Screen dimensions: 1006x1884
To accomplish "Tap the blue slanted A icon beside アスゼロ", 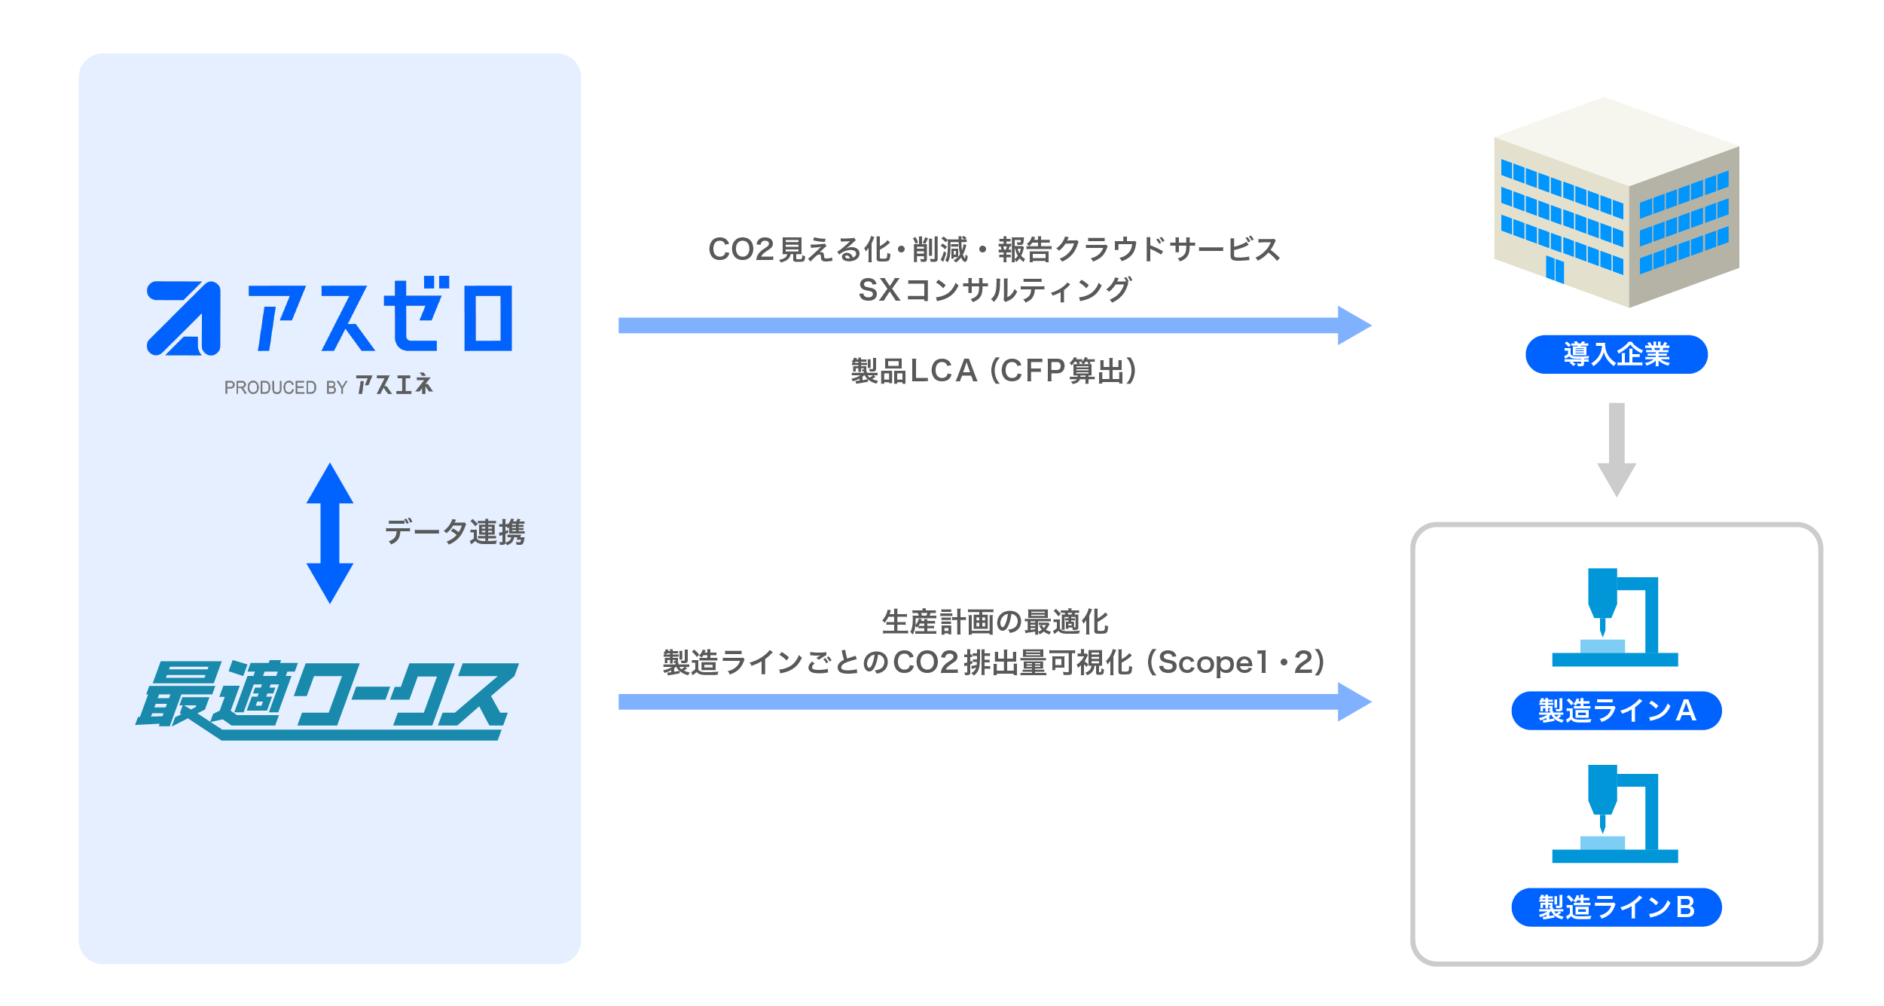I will pyautogui.click(x=184, y=318).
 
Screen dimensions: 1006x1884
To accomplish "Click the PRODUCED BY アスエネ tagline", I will pyautogui.click(x=328, y=386).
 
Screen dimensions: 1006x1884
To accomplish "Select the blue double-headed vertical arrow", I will pyautogui.click(x=330, y=533).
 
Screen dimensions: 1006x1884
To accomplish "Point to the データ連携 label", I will pyautogui.click(x=455, y=533).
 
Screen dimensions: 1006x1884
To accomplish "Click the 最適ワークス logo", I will pyautogui.click(x=327, y=700).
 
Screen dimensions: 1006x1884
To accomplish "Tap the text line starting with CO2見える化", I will pyautogui.click(x=994, y=249).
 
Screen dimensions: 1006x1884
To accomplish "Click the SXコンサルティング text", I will pyautogui.click(x=994, y=290).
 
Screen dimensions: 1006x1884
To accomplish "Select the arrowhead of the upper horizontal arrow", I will pyautogui.click(x=1354, y=326).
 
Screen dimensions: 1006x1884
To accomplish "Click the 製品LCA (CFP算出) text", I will pyautogui.click(x=994, y=371).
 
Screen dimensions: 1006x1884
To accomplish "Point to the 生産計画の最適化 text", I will pyautogui.click(x=994, y=622).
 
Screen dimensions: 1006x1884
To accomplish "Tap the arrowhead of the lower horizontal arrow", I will pyautogui.click(x=1354, y=702).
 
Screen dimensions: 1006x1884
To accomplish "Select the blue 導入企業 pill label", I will pyautogui.click(x=1617, y=354).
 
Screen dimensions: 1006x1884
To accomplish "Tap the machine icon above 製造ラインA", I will pyautogui.click(x=1615, y=618).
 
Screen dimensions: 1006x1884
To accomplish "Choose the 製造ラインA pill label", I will pyautogui.click(x=1617, y=711).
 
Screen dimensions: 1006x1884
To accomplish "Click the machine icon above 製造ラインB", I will pyautogui.click(x=1615, y=814).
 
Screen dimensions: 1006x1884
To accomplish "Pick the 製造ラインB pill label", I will pyautogui.click(x=1617, y=907).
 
